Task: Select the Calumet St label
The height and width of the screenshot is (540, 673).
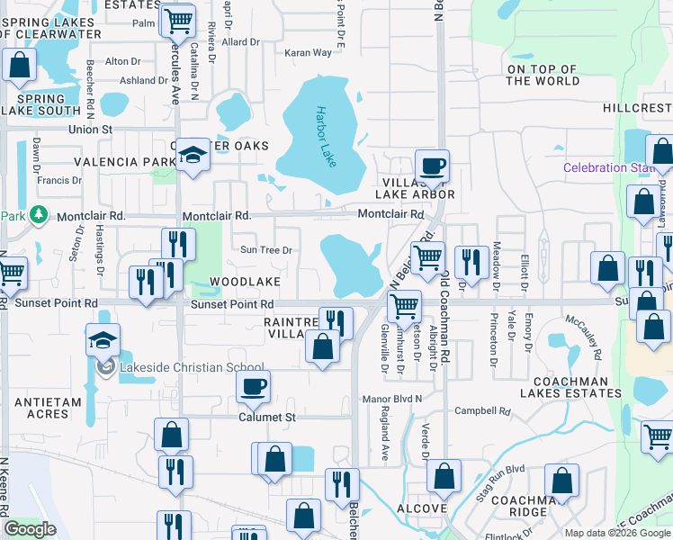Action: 266,418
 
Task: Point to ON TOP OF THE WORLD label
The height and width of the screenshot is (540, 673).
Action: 543,75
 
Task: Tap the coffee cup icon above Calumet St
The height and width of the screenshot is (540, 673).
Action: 253,387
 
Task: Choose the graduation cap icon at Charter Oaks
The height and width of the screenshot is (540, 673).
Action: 192,156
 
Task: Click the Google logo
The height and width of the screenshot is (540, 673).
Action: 30,529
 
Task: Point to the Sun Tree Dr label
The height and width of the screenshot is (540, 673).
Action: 265,250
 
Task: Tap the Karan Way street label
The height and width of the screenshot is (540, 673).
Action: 309,53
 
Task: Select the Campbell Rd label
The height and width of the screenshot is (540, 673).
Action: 482,411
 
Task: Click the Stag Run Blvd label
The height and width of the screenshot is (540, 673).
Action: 502,469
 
